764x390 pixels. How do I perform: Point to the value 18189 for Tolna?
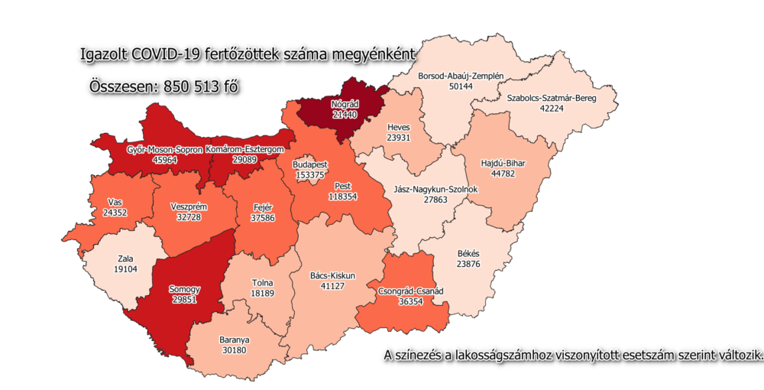(x=263, y=294)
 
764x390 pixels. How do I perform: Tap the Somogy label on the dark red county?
(x=185, y=289)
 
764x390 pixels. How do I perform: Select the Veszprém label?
(x=190, y=206)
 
